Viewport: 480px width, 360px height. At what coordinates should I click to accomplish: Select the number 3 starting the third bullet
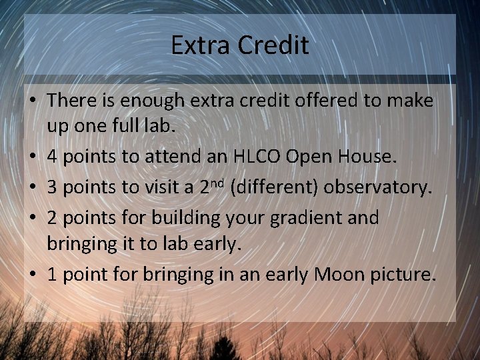(53, 189)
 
